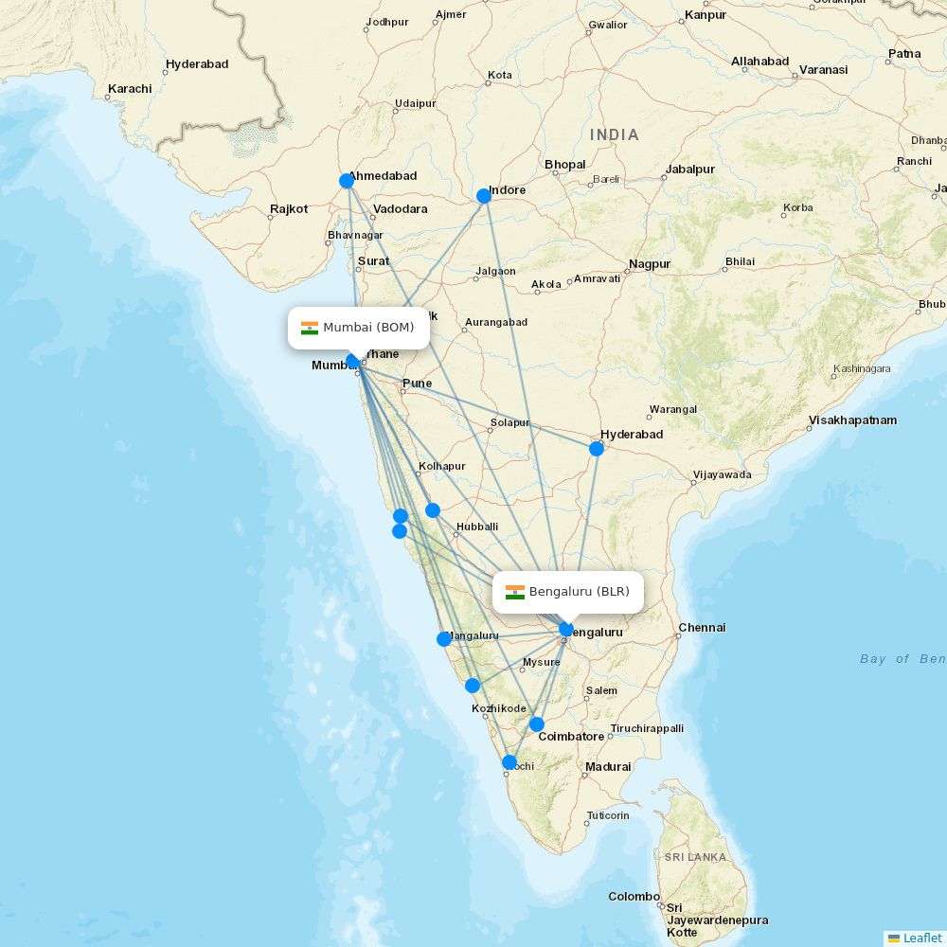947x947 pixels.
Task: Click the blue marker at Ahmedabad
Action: click(347, 181)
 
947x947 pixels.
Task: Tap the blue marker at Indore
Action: click(484, 196)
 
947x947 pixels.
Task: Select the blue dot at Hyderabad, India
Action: click(597, 449)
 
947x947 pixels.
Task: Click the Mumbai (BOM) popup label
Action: click(359, 328)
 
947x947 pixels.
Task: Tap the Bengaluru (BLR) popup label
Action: click(568, 592)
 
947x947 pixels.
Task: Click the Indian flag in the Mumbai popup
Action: click(310, 328)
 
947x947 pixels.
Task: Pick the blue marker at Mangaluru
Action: click(444, 639)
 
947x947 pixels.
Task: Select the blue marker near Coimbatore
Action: click(537, 724)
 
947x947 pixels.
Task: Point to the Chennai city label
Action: click(702, 628)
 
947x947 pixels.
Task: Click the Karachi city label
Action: click(130, 89)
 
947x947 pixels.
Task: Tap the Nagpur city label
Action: click(650, 264)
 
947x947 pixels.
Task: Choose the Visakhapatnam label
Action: click(852, 420)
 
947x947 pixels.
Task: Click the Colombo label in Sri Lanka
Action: click(634, 896)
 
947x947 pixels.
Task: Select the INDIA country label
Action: click(615, 135)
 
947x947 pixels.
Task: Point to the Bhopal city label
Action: click(565, 165)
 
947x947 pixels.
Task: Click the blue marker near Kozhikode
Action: click(473, 686)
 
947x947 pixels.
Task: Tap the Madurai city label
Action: click(607, 767)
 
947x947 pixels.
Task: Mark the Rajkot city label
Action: click(289, 209)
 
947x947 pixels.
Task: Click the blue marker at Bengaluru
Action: click(566, 629)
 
